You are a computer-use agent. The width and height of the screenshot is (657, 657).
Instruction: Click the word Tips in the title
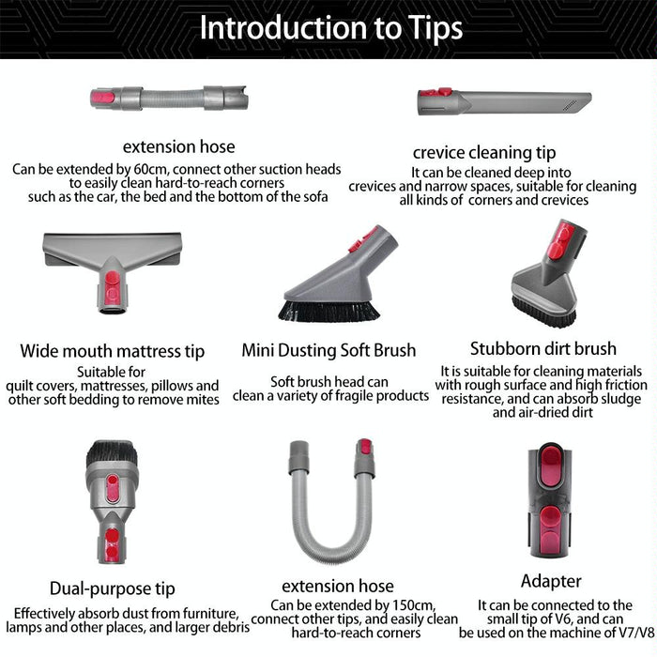pos(425,28)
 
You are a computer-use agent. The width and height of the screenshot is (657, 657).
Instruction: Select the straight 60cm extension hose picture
pos(171,97)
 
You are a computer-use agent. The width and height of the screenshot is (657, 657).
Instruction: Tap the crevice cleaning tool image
pos(504,100)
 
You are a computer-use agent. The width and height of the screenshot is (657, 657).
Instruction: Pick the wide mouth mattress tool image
pos(112,267)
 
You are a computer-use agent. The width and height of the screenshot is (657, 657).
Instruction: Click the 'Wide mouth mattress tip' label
pos(112,352)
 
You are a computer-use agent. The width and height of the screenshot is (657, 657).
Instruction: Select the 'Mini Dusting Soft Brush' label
pos(328,350)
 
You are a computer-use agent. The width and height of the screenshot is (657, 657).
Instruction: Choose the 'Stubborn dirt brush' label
pos(543,348)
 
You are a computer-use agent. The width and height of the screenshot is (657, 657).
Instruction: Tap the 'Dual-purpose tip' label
pos(112,589)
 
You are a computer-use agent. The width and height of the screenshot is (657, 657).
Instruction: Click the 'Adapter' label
pos(551,581)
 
